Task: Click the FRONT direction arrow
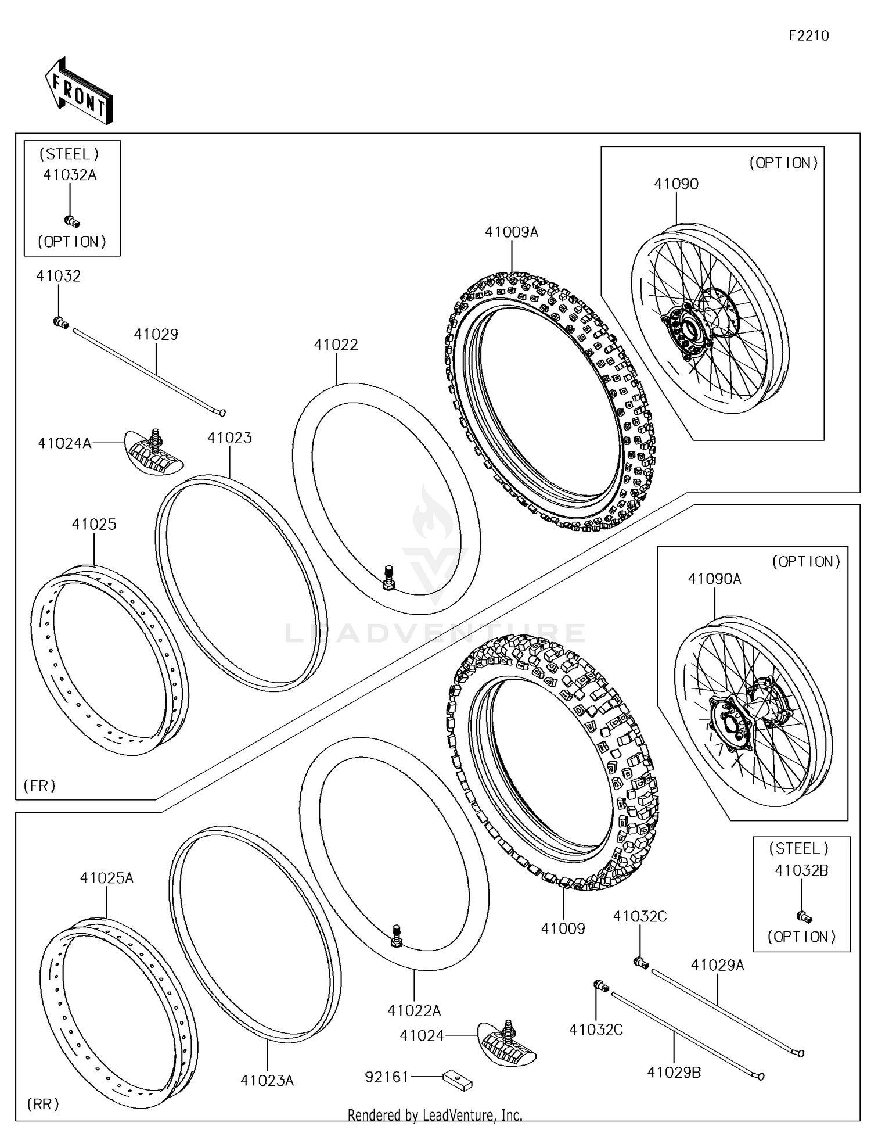(x=78, y=91)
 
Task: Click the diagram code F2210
(x=808, y=36)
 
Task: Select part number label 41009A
(x=512, y=232)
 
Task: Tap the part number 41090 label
(x=676, y=184)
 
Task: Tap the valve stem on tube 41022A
(x=397, y=936)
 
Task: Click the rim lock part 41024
(x=507, y=1042)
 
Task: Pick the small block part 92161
(x=458, y=1080)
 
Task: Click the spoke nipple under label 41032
(x=60, y=322)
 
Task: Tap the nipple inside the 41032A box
(x=71, y=221)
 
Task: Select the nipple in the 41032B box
(x=804, y=917)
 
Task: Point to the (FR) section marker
(x=39, y=786)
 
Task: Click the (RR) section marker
(x=43, y=1103)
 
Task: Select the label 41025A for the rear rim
(x=106, y=878)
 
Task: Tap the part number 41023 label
(x=229, y=438)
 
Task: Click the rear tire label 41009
(x=563, y=928)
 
